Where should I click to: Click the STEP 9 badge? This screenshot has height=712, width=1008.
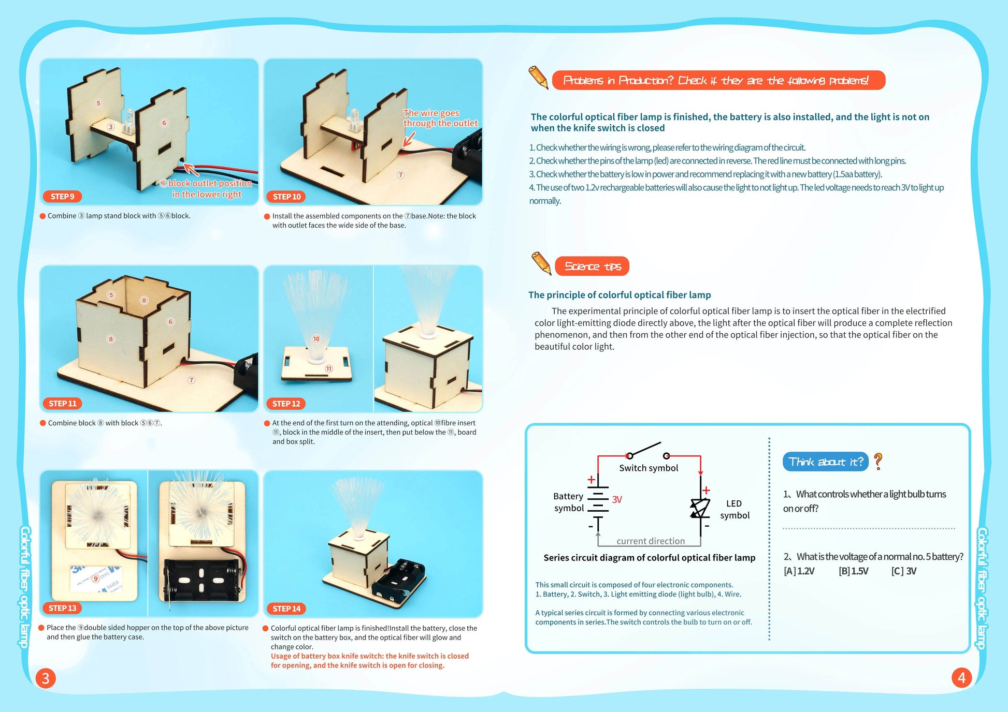point(62,197)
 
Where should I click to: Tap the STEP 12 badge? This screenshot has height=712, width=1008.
point(286,404)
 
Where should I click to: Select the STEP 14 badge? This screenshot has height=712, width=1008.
point(286,609)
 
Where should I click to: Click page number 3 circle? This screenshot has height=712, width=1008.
point(46,678)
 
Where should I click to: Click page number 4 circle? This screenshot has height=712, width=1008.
point(961,677)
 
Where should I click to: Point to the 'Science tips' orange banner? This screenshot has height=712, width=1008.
point(592,266)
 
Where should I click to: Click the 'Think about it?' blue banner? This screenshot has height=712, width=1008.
point(825,462)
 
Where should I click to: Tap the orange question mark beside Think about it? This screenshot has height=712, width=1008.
point(878,461)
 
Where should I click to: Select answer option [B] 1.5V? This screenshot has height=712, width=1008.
point(853,571)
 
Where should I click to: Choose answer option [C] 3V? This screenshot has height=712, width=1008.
point(904,571)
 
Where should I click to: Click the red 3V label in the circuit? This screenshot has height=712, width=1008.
point(617,499)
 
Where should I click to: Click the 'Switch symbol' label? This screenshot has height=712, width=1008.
point(649,468)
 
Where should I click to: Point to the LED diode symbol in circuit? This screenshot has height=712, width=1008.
point(700,508)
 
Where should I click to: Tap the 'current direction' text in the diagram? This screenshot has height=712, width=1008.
point(651,541)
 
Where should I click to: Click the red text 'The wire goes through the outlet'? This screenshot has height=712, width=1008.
point(440,118)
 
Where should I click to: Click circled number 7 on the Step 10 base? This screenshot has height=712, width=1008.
point(400,175)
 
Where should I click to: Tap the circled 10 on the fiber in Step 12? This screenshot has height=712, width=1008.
point(316,339)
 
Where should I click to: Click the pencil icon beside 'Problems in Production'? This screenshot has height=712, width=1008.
point(538,77)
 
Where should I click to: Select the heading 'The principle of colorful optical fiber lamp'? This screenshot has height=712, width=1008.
point(620,295)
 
